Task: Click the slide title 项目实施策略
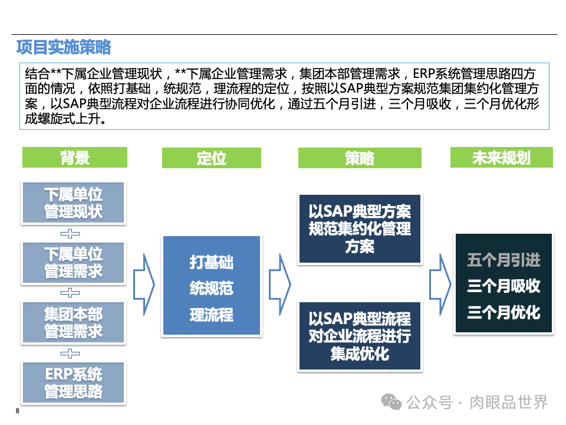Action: (x=63, y=47)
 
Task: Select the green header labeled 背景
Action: (x=74, y=158)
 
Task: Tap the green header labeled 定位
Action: (x=211, y=158)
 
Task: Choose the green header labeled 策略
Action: (x=360, y=158)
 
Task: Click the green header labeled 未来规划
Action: (x=501, y=158)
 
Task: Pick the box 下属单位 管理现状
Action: (x=74, y=203)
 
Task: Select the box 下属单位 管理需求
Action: (x=74, y=263)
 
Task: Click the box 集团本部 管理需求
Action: (x=74, y=322)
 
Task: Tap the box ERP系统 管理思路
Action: (x=74, y=382)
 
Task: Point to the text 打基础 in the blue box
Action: (x=211, y=262)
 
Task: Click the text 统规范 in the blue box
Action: (x=211, y=288)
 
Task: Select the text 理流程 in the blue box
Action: (x=211, y=315)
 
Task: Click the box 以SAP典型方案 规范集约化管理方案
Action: (x=360, y=228)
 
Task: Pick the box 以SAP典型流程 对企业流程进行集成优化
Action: (x=360, y=336)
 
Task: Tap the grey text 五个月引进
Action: (x=504, y=260)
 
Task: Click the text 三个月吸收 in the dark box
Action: (x=504, y=286)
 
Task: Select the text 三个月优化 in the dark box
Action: (x=504, y=312)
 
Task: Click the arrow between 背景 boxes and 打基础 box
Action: (x=144, y=285)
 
